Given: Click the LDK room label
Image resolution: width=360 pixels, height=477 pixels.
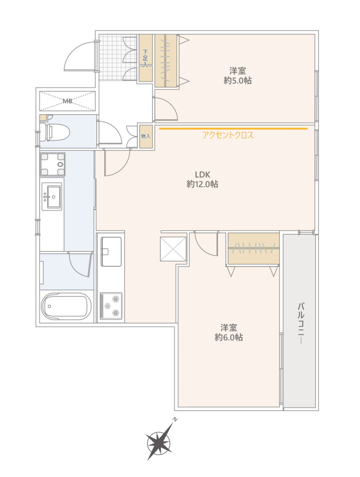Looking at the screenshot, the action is [203, 174].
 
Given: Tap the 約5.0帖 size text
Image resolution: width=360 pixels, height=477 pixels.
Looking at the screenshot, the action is [237, 80].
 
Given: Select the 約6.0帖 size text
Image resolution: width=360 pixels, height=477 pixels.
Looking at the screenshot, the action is [228, 337].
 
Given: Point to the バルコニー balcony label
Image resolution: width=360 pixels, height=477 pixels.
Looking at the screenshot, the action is [301, 323].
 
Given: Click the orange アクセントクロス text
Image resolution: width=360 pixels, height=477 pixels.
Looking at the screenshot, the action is [228, 135].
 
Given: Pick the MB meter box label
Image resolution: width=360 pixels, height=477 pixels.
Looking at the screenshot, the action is [68, 101].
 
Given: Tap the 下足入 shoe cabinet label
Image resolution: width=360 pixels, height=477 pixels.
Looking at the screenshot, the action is [145, 58].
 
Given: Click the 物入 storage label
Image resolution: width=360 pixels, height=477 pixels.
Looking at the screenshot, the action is [146, 137].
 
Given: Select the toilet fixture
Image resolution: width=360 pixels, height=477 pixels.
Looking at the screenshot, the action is [55, 132].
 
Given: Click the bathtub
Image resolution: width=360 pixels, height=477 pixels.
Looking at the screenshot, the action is [66, 306].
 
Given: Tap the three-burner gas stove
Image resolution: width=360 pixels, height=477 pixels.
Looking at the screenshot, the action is [111, 306].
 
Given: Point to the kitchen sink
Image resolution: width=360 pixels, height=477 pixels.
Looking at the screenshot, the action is [111, 251].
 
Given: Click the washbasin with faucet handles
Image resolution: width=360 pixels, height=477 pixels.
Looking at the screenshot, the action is [52, 196].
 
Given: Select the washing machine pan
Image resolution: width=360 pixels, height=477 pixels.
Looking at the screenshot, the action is [53, 164].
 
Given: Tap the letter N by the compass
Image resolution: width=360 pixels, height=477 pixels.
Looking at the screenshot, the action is [175, 419].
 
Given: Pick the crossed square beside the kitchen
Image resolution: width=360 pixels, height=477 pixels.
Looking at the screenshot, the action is [173, 248].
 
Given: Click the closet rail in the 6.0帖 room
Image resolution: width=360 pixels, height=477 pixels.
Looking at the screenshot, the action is [254, 248].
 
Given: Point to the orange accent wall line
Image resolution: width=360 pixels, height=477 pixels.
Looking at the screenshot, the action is [233, 129].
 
